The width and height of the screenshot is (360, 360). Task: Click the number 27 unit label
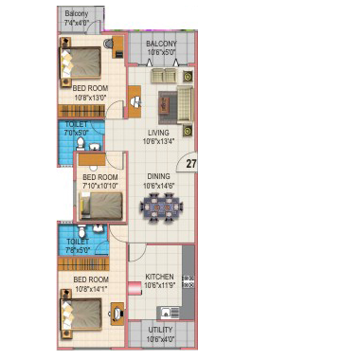coord(191,164)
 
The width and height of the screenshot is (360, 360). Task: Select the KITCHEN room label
coord(159,277)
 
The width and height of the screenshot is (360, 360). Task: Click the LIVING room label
coord(158,133)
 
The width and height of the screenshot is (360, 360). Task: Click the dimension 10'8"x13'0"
coord(91,97)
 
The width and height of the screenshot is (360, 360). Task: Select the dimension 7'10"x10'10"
coord(100,186)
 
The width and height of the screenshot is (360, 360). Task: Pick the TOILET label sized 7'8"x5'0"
coord(78,243)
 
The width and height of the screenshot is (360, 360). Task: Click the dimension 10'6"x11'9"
coord(159,285)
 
